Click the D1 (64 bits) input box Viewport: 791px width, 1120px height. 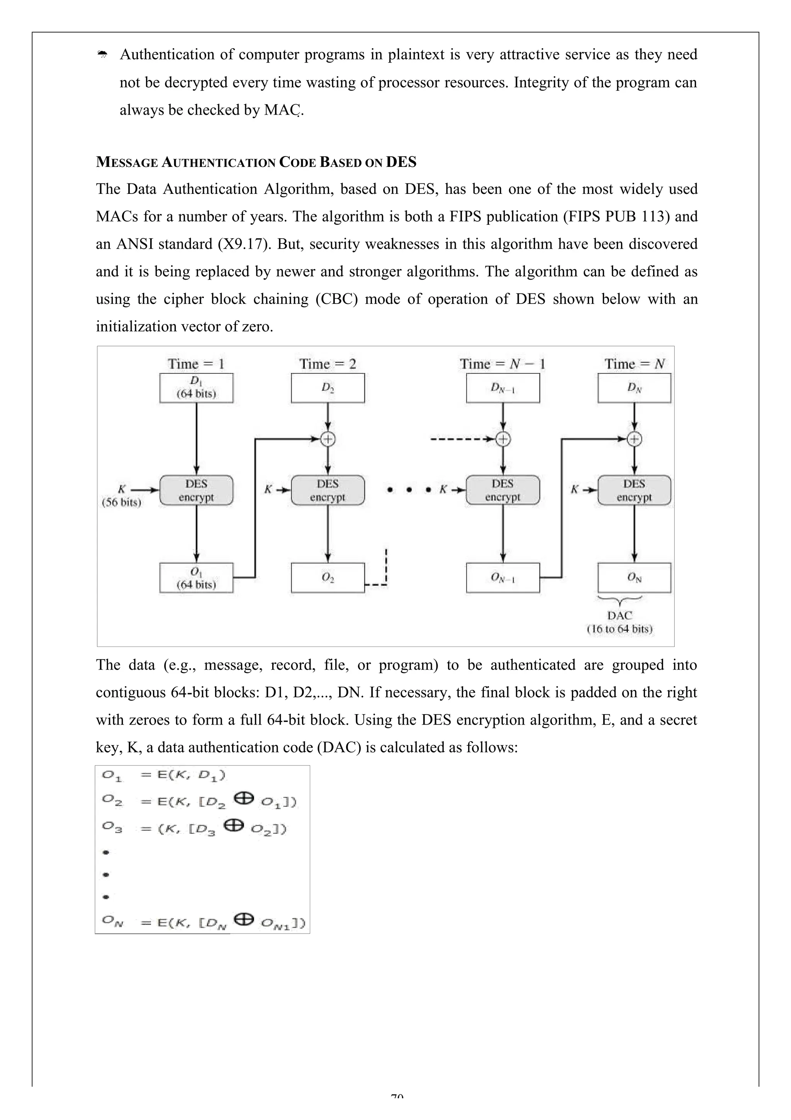click(196, 388)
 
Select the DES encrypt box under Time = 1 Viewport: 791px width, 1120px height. click(196, 490)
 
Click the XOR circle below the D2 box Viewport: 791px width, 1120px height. click(328, 439)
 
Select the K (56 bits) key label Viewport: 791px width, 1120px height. click(121, 495)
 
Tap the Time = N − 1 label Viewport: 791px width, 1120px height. click(502, 364)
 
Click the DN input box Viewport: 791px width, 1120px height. click(634, 388)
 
